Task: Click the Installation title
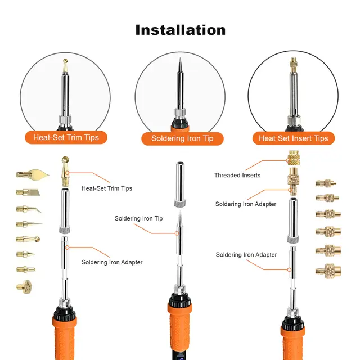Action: pos(180,30)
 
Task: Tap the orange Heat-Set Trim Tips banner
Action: pos(70,137)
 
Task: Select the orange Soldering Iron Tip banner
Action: pos(179,138)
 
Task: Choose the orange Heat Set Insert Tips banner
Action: pos(293,138)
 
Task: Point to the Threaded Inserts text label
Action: pos(237,175)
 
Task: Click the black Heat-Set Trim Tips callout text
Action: pos(107,188)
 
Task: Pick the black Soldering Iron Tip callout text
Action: pos(138,218)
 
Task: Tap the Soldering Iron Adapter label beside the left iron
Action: pos(112,262)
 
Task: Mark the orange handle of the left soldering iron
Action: pos(66,332)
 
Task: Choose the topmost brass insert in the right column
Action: pos(324,184)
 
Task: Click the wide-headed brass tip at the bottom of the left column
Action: pos(24,286)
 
